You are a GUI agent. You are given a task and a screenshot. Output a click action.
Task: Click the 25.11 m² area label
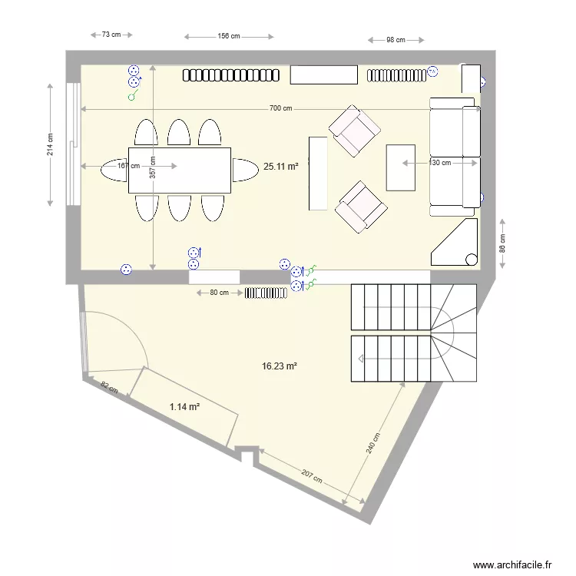(x=280, y=165)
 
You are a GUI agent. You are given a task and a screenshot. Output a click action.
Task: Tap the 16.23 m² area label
(x=279, y=367)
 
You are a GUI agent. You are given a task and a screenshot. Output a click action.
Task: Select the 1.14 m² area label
(x=184, y=407)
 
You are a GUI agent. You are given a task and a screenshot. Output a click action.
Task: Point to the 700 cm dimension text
(x=281, y=108)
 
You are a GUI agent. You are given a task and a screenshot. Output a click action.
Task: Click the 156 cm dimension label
(x=229, y=35)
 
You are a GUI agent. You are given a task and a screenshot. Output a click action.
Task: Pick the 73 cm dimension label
(x=111, y=35)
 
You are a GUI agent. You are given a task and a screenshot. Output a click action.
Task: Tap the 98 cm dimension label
(x=396, y=40)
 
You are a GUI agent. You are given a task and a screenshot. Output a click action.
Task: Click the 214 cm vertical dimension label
(x=50, y=144)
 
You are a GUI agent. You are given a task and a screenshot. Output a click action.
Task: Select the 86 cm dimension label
(x=503, y=243)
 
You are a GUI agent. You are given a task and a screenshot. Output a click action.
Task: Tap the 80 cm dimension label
(x=219, y=293)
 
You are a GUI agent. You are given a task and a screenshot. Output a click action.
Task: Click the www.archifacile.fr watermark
(x=512, y=564)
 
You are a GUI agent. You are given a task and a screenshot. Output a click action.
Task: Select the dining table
(x=180, y=170)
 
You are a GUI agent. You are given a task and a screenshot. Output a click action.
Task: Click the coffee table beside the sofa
(x=400, y=167)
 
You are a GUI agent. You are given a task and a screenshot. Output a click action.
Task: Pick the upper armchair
(x=354, y=131)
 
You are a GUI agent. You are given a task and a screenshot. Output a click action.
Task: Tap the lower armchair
(x=360, y=207)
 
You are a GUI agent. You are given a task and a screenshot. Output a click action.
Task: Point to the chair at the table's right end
(x=245, y=169)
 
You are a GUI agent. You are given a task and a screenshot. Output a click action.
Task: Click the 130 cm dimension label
(x=440, y=163)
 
